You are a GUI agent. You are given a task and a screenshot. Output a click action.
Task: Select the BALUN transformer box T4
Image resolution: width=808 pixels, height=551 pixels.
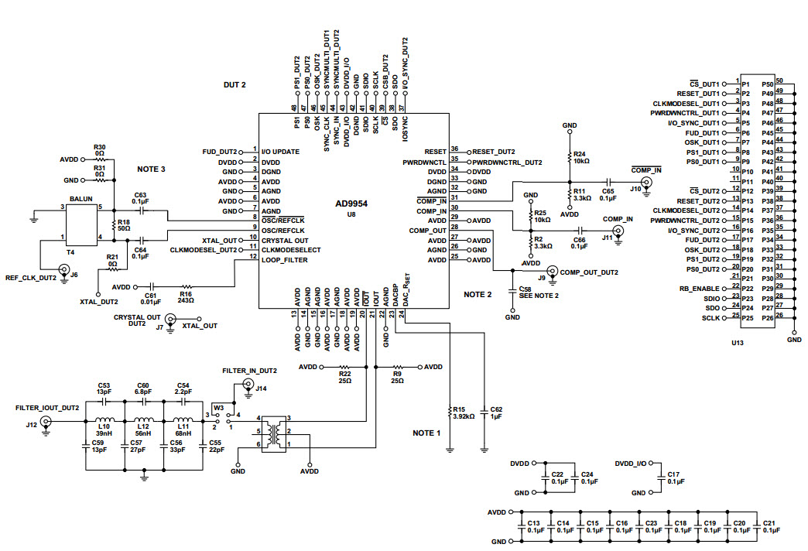click(x=81, y=222)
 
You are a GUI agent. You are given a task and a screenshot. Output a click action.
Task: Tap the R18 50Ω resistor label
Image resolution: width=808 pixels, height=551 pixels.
click(x=124, y=225)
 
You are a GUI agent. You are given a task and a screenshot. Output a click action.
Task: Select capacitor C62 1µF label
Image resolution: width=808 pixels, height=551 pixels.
click(x=496, y=412)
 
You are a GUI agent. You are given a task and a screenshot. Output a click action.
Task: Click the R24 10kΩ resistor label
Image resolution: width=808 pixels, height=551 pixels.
click(x=580, y=158)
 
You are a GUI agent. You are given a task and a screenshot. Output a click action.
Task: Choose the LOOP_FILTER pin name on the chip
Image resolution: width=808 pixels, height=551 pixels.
click(x=284, y=260)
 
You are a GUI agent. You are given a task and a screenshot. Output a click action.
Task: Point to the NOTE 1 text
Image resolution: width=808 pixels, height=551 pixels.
click(x=427, y=433)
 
